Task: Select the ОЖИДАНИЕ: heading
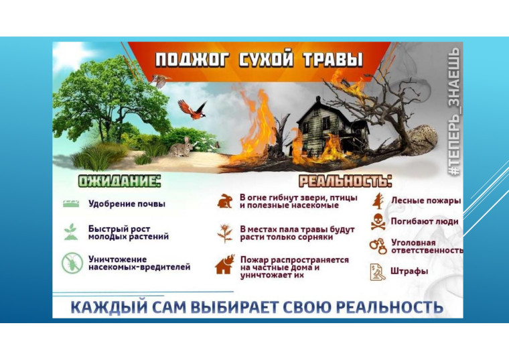pyautogui.click(x=119, y=181)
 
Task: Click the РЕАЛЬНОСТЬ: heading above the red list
pyautogui.click(x=345, y=181)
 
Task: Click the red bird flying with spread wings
pyautogui.click(x=192, y=109)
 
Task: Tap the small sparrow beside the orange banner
pyautogui.click(x=160, y=80)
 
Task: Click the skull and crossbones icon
pyautogui.click(x=378, y=222)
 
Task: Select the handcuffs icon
pyautogui.click(x=378, y=246)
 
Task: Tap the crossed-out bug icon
pyautogui.click(x=72, y=263)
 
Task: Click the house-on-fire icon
pyautogui.click(x=225, y=265)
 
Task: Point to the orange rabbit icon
pyautogui.click(x=224, y=201)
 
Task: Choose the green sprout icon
pyautogui.click(x=71, y=232)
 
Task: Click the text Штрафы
pyautogui.click(x=409, y=272)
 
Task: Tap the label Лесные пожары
pyautogui.click(x=426, y=200)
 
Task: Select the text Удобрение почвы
pyautogui.click(x=127, y=204)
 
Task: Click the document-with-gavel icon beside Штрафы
pyautogui.click(x=378, y=272)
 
